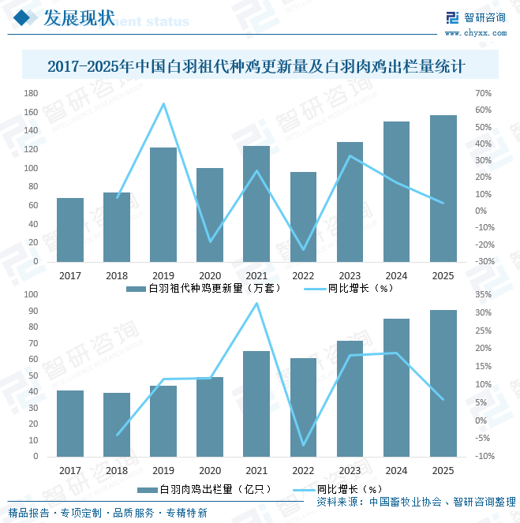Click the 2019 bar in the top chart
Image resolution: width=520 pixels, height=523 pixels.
tap(163, 204)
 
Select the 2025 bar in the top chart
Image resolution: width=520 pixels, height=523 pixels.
tap(443, 189)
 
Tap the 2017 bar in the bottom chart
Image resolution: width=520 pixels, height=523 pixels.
tap(70, 424)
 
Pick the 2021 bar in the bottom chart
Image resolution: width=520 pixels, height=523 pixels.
tap(256, 404)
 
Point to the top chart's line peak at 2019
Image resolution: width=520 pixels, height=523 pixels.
tap(163, 104)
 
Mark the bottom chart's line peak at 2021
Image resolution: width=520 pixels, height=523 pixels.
tap(256, 303)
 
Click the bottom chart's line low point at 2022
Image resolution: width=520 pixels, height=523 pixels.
tap(303, 445)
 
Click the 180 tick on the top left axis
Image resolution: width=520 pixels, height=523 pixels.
tap(31, 93)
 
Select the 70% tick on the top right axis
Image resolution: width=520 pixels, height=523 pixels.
tap(484, 93)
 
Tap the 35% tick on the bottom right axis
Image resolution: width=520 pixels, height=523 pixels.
tap(484, 294)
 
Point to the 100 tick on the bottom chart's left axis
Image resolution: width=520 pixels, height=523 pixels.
tap(31, 294)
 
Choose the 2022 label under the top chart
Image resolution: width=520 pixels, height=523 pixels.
tap(303, 276)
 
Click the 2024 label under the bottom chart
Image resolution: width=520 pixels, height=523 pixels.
tap(397, 471)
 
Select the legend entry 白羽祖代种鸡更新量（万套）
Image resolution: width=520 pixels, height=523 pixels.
tap(204, 288)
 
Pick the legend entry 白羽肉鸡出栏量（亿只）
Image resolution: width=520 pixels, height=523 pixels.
tap(204, 489)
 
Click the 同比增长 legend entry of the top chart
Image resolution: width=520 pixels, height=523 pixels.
tap(349, 288)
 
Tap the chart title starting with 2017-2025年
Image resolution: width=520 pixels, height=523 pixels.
tap(256, 66)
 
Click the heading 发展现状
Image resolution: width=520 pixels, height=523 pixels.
tap(80, 17)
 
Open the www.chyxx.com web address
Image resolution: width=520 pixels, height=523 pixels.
tap(476, 32)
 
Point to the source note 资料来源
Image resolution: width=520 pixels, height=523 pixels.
tap(417, 502)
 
